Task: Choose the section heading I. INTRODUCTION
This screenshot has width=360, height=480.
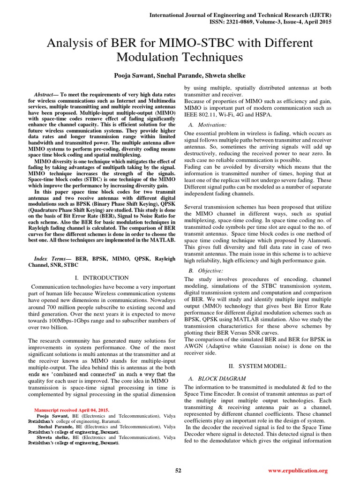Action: [102, 278]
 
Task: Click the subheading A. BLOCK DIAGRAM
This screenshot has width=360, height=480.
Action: [213, 378]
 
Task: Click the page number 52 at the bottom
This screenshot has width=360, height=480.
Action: [178, 471]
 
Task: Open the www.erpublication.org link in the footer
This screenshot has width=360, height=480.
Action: [298, 471]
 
